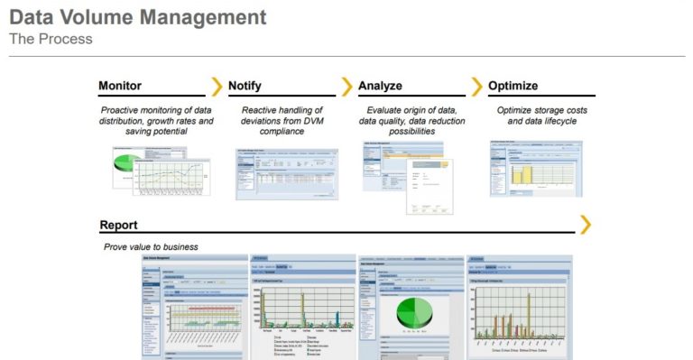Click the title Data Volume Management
coord(138,17)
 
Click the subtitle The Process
coord(51,39)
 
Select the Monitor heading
coord(120,86)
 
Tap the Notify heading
coord(245,86)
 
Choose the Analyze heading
coord(380,86)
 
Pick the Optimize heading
coord(513,86)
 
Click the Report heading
coord(118,225)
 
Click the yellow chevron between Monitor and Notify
coord(217,87)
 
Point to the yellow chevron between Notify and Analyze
coord(346,87)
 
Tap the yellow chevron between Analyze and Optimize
coord(476,87)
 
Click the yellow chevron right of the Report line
coord(586,224)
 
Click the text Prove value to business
coord(151,246)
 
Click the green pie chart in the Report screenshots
coord(411,311)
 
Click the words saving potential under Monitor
coord(157,132)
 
